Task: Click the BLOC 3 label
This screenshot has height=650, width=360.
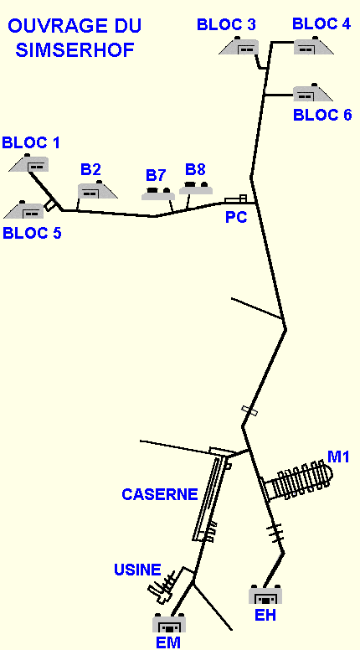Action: [226, 24]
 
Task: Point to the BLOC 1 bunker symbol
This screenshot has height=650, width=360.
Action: [29, 162]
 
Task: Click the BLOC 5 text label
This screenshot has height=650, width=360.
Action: [32, 233]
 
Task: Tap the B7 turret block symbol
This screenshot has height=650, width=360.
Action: [158, 193]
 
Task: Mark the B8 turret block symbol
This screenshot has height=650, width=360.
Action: [196, 188]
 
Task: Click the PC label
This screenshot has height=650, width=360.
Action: [236, 217]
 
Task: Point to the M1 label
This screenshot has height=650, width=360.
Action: [338, 457]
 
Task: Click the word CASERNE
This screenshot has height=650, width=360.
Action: [160, 494]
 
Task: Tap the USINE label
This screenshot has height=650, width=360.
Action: [137, 570]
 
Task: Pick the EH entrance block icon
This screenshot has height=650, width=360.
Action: [265, 595]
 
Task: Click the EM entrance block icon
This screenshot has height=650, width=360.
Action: [169, 623]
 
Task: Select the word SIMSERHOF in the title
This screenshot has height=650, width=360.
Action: [75, 50]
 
